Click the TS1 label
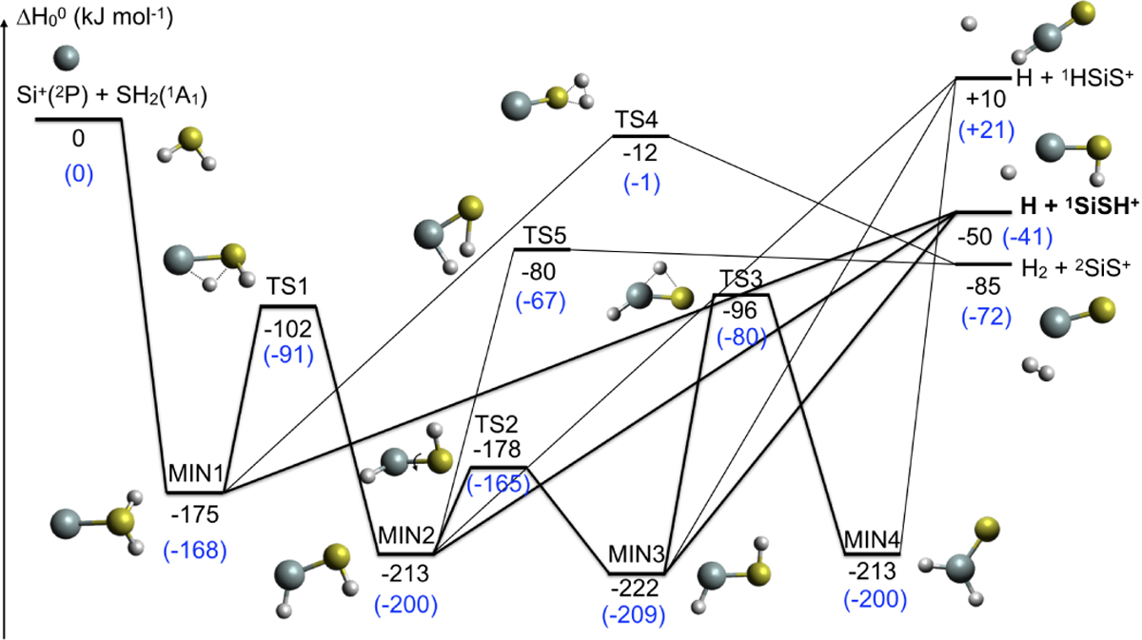(x=288, y=286)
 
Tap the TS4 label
(x=637, y=120)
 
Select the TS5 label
(x=545, y=236)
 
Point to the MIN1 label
(x=196, y=474)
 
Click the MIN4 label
(x=872, y=540)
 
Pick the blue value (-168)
(x=195, y=551)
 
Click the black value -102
(x=288, y=329)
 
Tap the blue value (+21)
(x=987, y=130)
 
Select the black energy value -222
(x=636, y=589)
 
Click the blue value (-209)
(x=634, y=615)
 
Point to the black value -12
(x=640, y=153)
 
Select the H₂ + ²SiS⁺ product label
(x=1076, y=268)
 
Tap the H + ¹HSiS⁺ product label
(x=1074, y=78)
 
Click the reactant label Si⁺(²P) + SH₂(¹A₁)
(x=111, y=95)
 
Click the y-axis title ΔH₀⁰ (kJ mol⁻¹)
(x=95, y=17)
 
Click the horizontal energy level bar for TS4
(x=640, y=136)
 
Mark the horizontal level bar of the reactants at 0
(x=78, y=119)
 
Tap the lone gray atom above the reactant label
(x=67, y=57)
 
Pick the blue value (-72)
(x=987, y=317)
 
